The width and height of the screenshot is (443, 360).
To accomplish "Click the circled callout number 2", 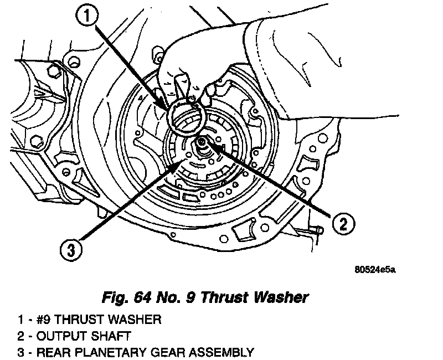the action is click(343, 223).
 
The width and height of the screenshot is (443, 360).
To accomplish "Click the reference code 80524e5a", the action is click(375, 270).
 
